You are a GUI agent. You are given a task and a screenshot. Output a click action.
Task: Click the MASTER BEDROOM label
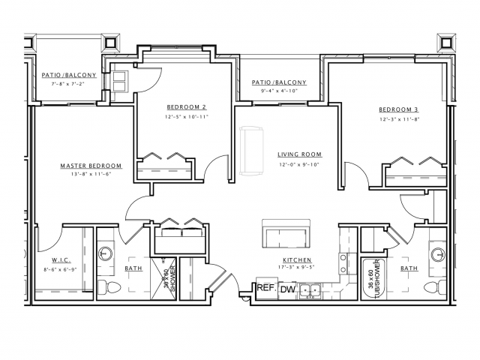(x=91, y=166)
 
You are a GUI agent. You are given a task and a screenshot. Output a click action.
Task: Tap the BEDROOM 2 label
(x=187, y=107)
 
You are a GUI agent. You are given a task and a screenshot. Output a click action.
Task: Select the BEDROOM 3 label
(x=398, y=109)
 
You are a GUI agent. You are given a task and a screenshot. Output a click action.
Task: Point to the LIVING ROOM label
(x=299, y=154)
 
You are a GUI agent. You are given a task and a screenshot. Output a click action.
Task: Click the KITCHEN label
(x=297, y=260)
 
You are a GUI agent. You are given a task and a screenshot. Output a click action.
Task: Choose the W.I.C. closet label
(x=61, y=260)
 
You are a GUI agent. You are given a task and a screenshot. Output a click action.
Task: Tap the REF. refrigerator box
(x=267, y=288)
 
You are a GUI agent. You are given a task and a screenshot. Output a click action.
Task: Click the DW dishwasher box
(x=288, y=289)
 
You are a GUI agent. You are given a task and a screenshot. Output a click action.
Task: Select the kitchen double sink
(x=310, y=290)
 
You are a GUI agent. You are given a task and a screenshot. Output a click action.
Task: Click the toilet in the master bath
(x=109, y=287)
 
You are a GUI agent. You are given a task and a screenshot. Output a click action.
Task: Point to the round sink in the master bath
(x=105, y=253)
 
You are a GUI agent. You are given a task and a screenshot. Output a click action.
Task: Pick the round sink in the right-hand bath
(x=438, y=253)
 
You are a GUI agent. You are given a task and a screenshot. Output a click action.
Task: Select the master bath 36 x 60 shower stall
(x=163, y=278)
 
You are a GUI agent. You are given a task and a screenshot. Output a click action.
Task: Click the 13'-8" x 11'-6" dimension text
(x=91, y=174)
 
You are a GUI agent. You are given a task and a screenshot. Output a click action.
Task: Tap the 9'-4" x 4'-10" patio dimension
(x=279, y=91)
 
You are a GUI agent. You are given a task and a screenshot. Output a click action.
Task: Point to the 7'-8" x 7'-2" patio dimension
(x=68, y=83)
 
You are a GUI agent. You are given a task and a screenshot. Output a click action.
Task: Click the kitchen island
(x=286, y=234)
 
